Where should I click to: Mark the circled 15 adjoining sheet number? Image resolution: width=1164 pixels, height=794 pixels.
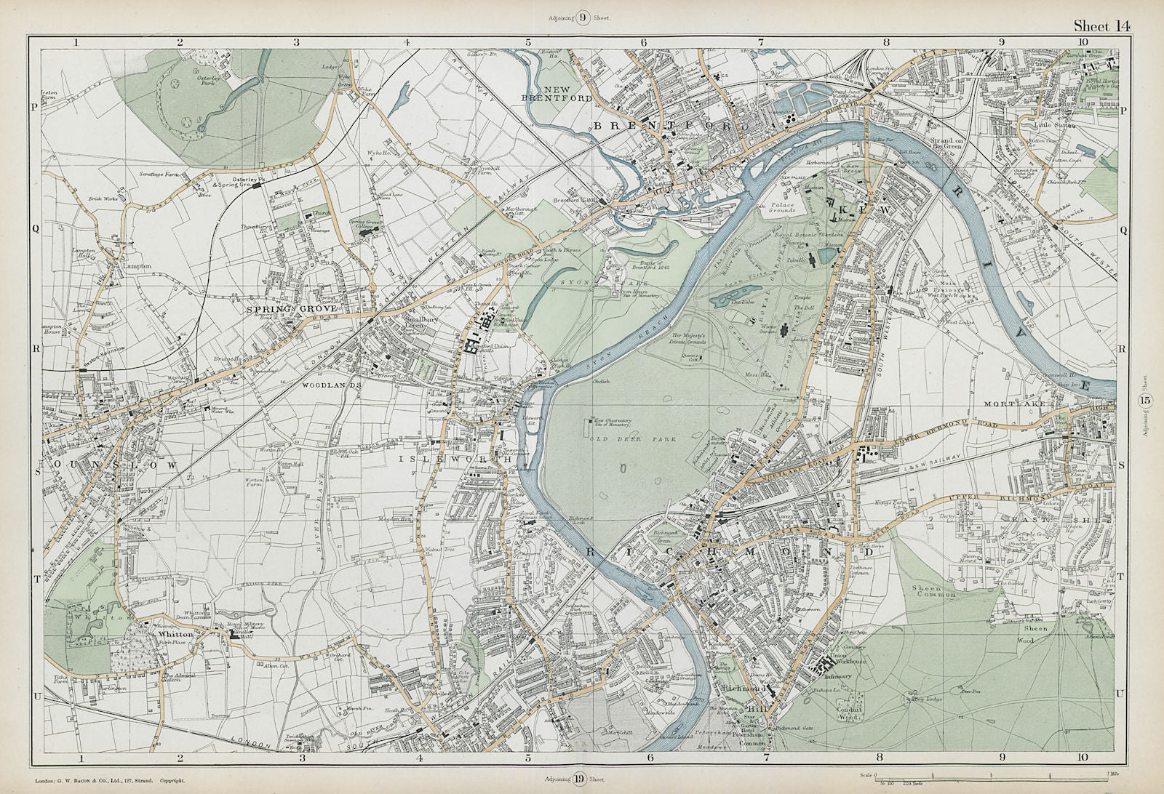(x=1145, y=401)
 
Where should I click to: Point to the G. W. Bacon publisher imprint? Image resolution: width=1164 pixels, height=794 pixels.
(x=109, y=782)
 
